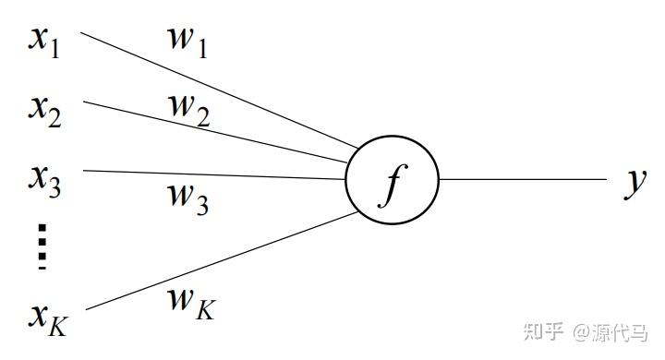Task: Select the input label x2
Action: click(44, 112)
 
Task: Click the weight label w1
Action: click(187, 42)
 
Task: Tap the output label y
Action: click(634, 182)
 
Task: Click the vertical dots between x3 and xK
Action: click(42, 247)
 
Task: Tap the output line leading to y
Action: click(522, 180)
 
